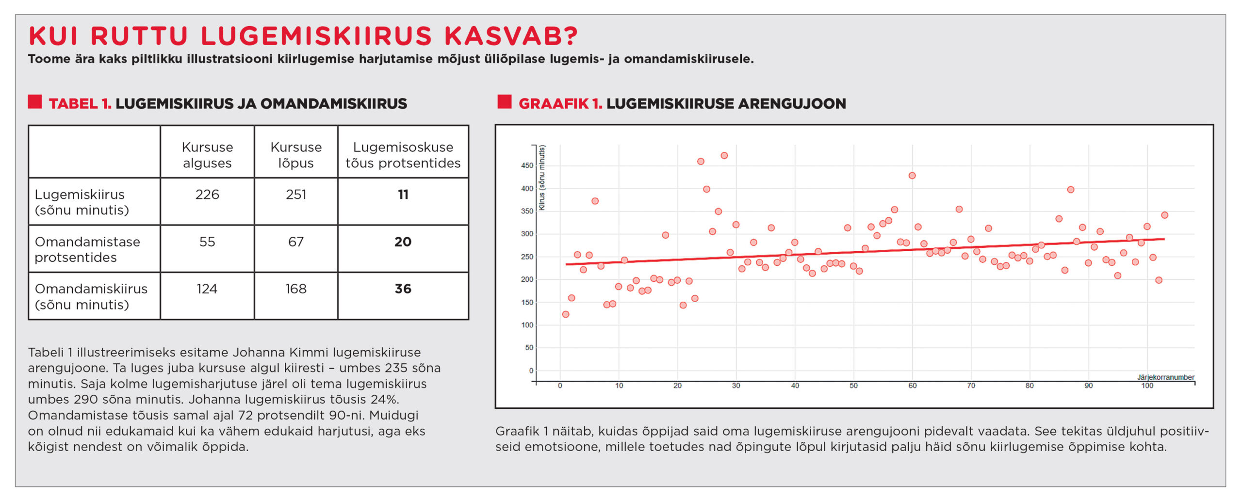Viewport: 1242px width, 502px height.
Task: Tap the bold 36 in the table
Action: tap(403, 289)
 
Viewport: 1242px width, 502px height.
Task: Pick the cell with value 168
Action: tap(296, 289)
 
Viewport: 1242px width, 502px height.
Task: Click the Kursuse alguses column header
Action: tap(207, 155)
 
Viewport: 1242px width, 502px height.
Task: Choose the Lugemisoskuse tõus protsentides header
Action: tap(403, 155)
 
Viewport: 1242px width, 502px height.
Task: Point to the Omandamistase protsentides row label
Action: tap(87, 249)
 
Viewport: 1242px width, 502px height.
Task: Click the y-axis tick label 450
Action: tap(527, 166)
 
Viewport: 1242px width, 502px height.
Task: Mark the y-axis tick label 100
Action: tap(527, 325)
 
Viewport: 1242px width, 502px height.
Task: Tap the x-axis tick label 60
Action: tap(913, 386)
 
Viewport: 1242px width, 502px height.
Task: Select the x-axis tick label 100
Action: tap(1147, 386)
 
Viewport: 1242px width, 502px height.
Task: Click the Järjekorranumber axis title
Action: tap(1165, 377)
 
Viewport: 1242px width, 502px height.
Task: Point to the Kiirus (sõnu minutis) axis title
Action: tap(542, 178)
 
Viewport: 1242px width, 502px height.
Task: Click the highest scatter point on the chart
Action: tap(724, 156)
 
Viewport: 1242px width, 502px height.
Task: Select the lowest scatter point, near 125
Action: tap(566, 314)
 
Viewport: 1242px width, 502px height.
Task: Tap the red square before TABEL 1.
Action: tap(35, 102)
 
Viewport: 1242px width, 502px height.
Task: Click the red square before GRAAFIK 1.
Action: tap(505, 102)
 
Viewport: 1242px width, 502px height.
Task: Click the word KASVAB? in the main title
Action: tap(511, 36)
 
